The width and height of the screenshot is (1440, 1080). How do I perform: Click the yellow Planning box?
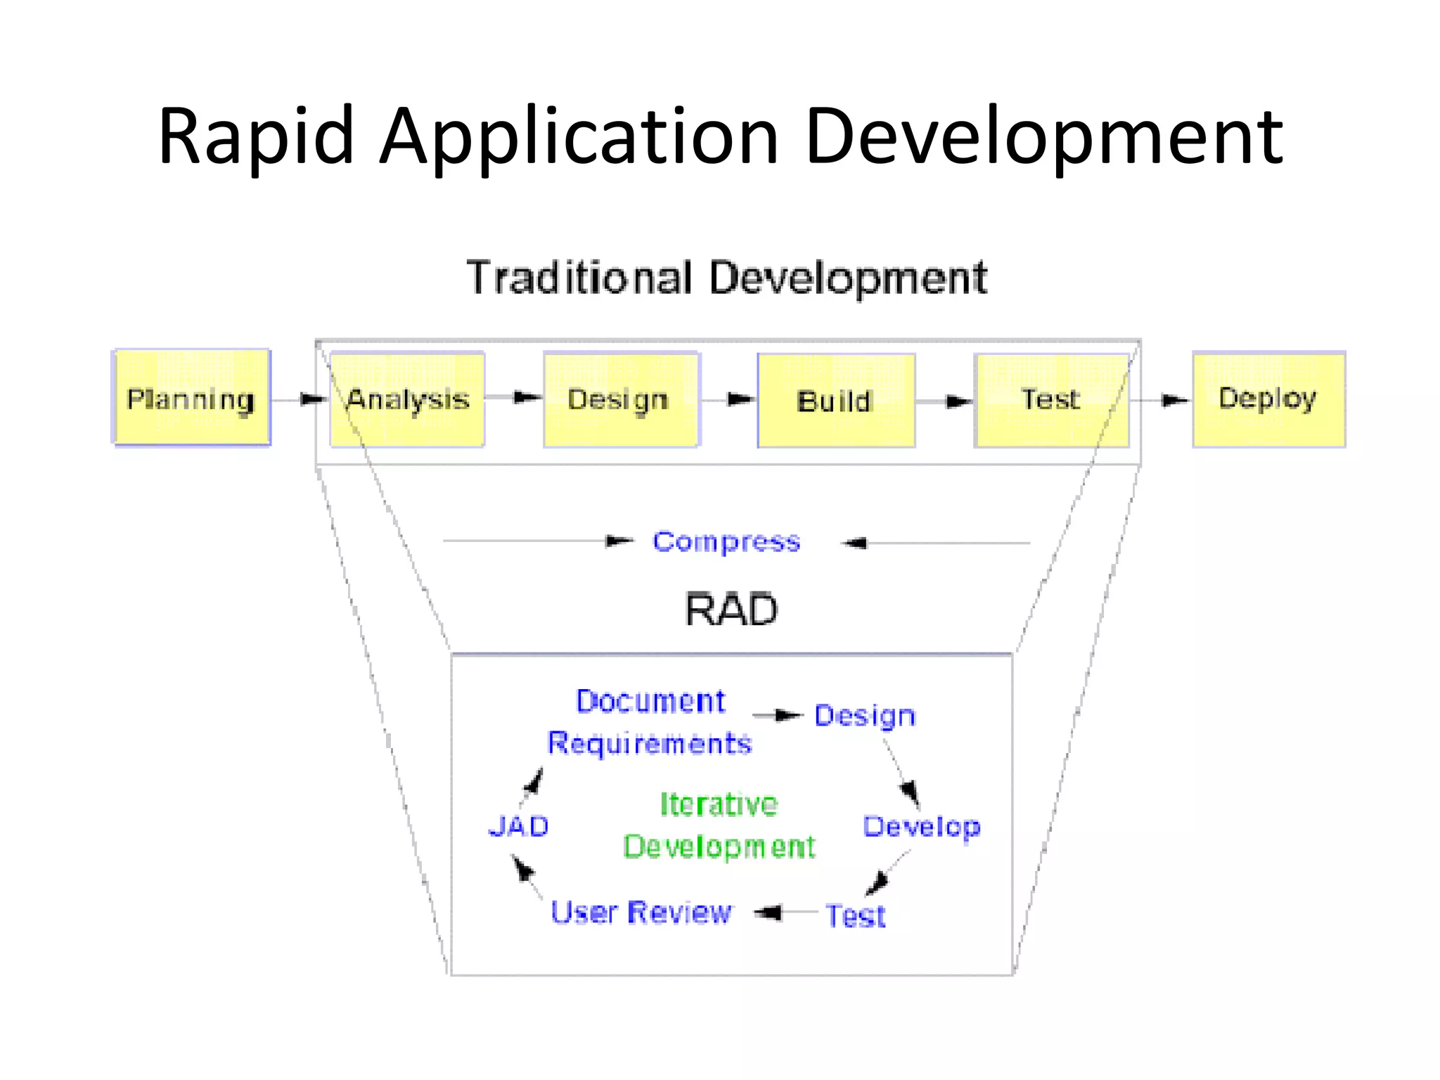[191, 398]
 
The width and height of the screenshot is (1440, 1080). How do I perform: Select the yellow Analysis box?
[407, 399]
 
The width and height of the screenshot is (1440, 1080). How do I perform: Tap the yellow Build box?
[835, 401]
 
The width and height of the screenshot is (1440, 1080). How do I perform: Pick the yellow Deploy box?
[1268, 399]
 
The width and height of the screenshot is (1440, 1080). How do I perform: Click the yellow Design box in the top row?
[621, 399]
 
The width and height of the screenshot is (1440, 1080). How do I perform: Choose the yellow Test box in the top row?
[1050, 400]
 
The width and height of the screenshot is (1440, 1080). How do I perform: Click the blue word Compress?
[726, 542]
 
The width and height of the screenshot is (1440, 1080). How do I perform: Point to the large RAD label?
[731, 610]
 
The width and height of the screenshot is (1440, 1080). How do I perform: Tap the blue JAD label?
[519, 827]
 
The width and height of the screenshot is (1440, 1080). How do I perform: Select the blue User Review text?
[641, 913]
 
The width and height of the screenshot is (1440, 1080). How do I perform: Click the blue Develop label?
[921, 828]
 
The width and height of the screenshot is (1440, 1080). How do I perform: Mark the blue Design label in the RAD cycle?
[865, 716]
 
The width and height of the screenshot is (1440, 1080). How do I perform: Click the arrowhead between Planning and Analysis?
[312, 399]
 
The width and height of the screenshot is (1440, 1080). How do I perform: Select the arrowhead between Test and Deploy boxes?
[1174, 401]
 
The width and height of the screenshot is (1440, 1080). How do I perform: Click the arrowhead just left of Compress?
[619, 541]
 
